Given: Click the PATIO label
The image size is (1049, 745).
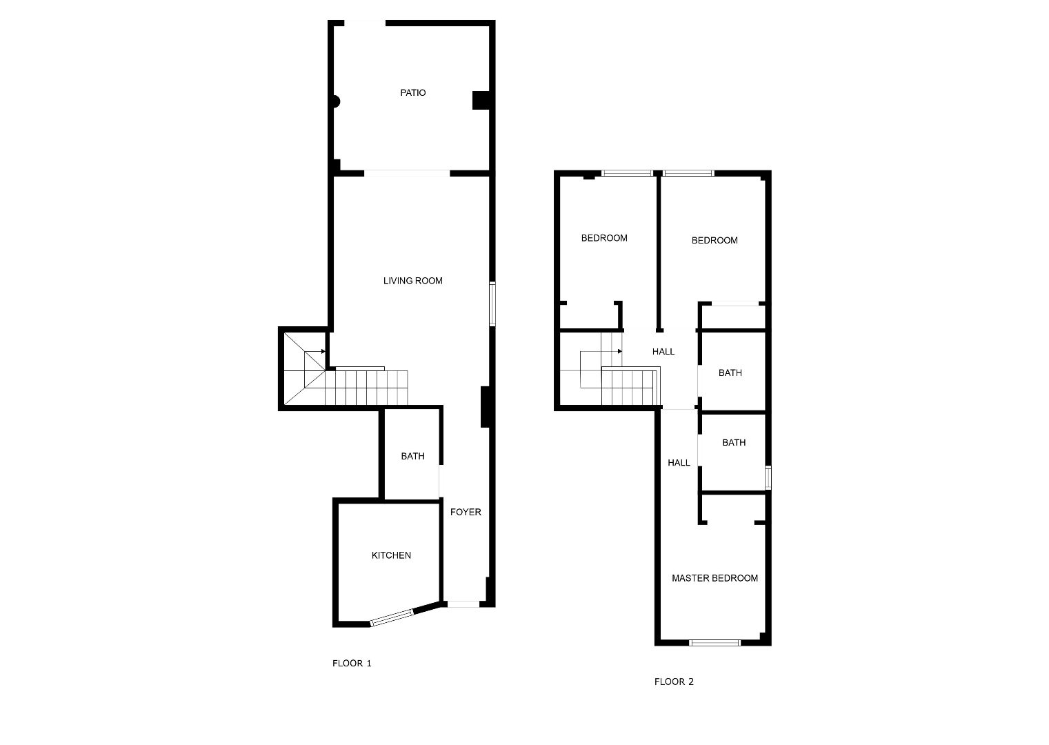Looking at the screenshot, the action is pos(412,92).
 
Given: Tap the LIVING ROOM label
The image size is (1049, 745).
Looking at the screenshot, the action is pos(412,281).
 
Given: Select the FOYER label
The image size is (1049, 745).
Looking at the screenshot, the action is pos(466,512).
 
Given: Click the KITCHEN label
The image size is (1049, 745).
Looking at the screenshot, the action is pos(391,555).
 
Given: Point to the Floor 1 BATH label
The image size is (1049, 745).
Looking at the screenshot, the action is pos(412,455).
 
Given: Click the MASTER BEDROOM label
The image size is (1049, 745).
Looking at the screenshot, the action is pos(715,578).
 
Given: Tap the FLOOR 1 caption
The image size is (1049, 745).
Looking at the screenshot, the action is pos(352,663).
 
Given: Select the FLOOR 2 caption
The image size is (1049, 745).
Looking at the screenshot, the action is pos(674,682).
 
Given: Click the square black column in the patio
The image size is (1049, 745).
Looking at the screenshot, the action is pos(481,100).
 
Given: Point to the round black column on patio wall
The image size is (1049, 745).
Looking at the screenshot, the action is pos(336,101).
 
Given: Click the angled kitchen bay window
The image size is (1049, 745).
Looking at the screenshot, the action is pos(392,617).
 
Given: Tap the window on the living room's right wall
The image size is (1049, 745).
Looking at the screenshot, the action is pos(492,304).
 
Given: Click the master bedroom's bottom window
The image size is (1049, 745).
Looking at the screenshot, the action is pos(715,642).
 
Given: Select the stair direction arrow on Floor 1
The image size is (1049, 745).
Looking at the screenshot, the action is pos(314,351).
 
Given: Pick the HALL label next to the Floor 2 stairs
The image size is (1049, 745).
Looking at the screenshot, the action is pos(663,351).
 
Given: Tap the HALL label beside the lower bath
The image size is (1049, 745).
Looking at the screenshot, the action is pos(679,463).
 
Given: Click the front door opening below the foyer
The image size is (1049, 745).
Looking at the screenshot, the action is pos(463,604).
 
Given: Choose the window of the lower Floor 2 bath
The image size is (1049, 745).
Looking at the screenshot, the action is pos(768,477).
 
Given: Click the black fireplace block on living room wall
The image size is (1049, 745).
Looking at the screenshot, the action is pos(485,406).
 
